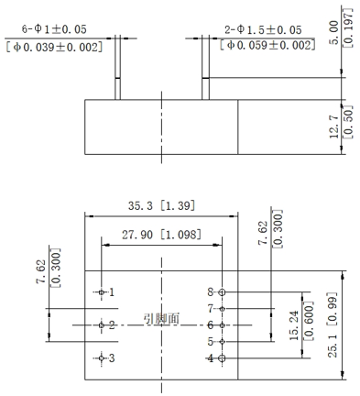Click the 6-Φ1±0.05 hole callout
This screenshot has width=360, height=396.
click(54, 29)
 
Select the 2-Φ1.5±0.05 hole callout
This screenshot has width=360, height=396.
click(263, 30)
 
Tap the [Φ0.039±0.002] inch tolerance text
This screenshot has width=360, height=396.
click(54, 47)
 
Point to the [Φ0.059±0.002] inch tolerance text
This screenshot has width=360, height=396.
click(267, 45)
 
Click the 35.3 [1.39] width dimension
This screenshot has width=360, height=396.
click(161, 205)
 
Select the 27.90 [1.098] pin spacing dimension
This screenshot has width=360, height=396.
click(161, 235)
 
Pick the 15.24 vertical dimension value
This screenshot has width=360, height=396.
click(294, 325)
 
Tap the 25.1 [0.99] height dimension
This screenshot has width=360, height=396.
click(333, 324)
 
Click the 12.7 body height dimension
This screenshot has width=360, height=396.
click(334, 126)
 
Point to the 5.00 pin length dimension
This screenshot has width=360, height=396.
click(334, 32)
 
